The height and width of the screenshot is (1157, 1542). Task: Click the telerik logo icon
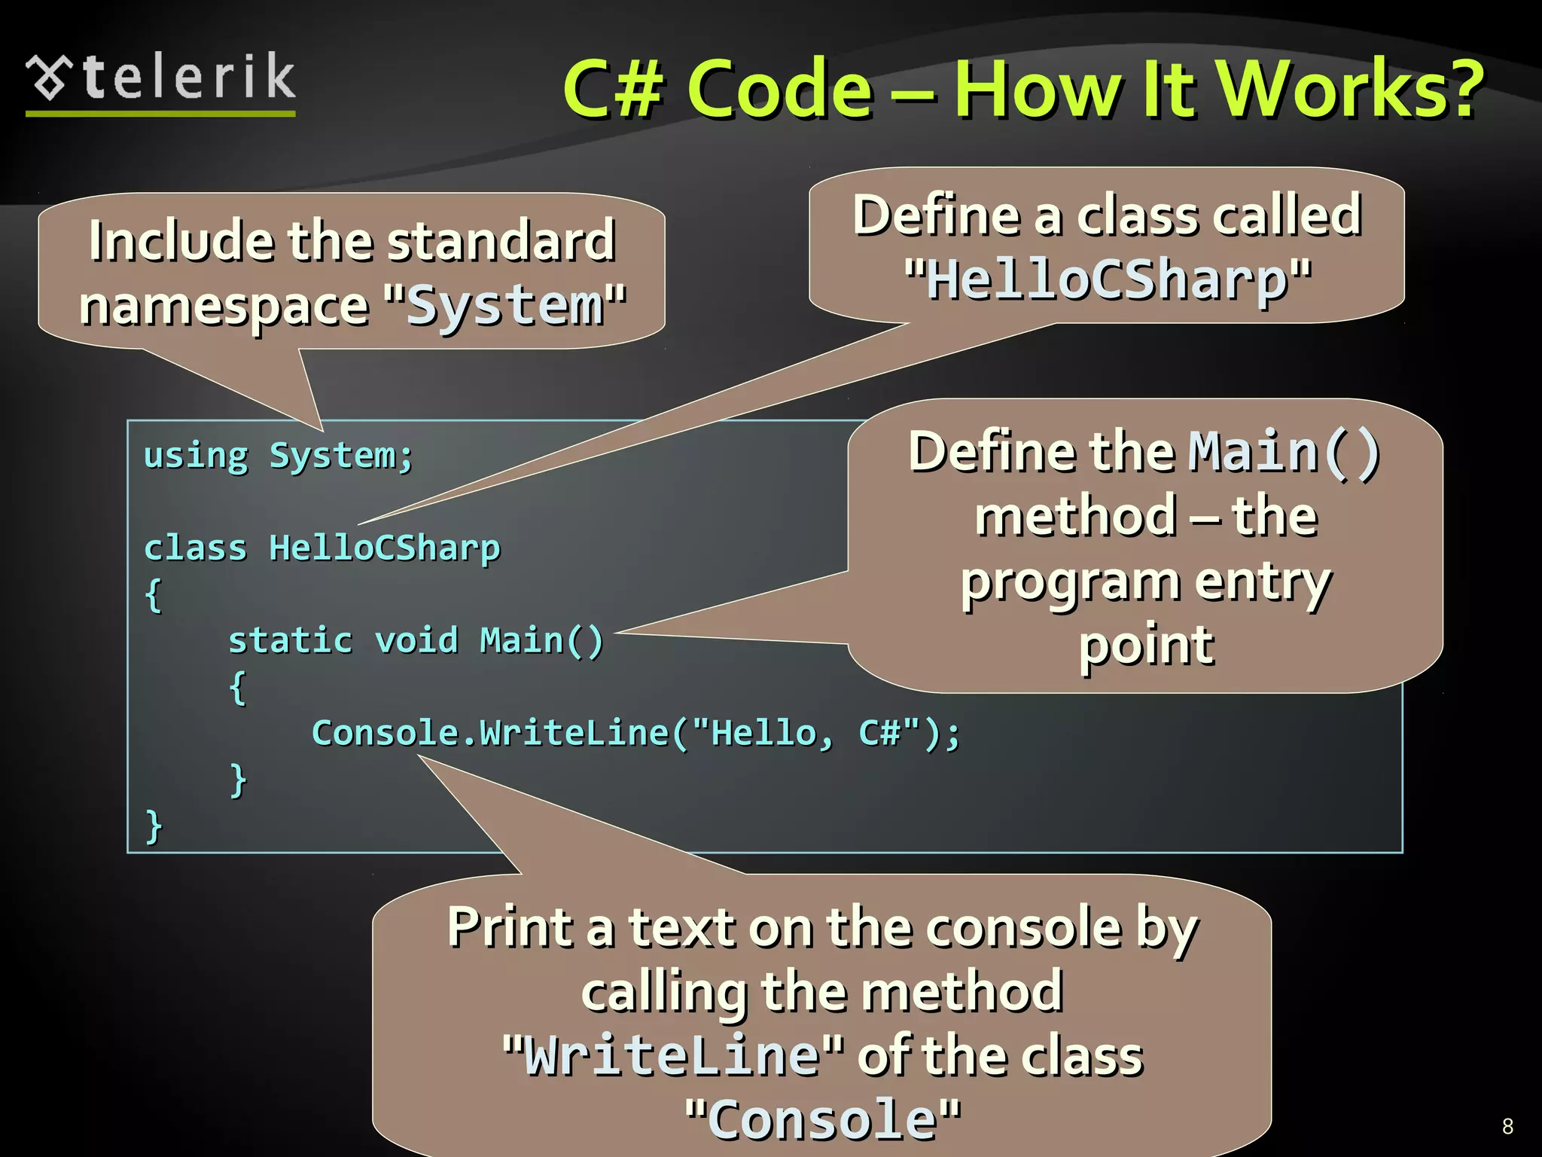tap(50, 78)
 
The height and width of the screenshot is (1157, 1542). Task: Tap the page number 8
tap(1507, 1126)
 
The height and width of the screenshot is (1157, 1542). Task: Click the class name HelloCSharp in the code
tap(384, 548)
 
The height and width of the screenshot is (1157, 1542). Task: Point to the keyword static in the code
tap(290, 641)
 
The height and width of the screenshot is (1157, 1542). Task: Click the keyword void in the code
tap(416, 641)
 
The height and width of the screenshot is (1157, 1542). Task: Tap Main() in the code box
tap(541, 641)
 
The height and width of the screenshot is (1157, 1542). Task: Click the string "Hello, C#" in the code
tap(806, 733)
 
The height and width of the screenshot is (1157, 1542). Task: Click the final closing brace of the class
tap(154, 826)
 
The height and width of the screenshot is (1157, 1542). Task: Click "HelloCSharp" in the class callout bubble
tap(1108, 279)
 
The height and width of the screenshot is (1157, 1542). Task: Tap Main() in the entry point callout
tap(1284, 452)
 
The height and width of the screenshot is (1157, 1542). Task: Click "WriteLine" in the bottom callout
tap(672, 1055)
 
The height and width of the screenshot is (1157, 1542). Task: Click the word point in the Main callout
tap(1146, 646)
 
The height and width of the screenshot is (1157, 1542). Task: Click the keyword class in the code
tap(195, 548)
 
